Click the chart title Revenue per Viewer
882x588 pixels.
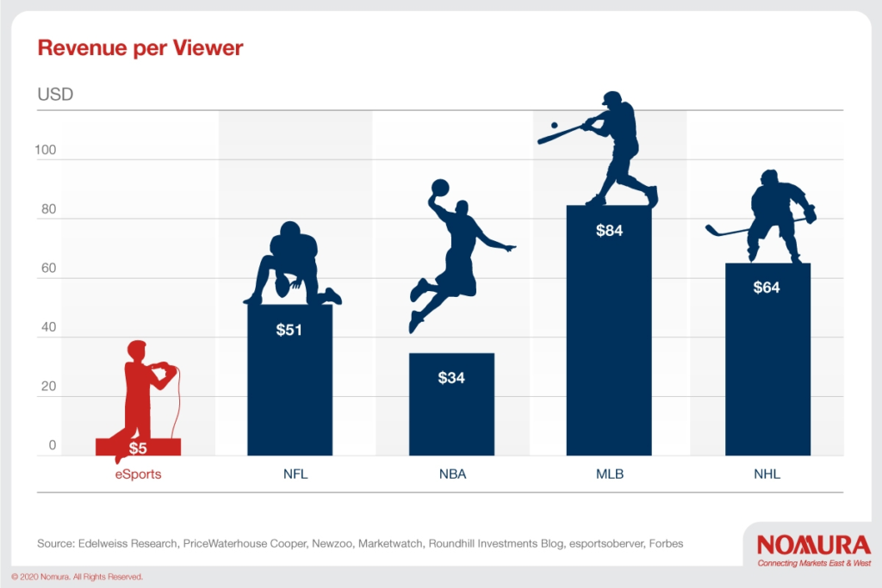(140, 48)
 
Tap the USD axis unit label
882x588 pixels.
(55, 94)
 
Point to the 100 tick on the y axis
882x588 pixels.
(46, 150)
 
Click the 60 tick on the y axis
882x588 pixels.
(49, 268)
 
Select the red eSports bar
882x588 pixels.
(138, 447)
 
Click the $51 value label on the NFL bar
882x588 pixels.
(289, 330)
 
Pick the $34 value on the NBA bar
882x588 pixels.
(451, 378)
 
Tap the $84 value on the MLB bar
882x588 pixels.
(609, 231)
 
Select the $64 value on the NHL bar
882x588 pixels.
(767, 288)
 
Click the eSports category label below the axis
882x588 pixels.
(139, 473)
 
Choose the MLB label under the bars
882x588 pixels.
(610, 473)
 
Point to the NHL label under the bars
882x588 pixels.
(767, 473)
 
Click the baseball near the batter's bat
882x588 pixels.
(554, 126)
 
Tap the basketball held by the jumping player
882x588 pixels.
(440, 188)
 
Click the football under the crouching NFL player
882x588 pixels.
(282, 286)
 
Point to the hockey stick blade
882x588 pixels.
(712, 229)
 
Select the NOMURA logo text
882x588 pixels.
(813, 545)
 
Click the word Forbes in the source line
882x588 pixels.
(666, 543)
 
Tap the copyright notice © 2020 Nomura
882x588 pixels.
(77, 577)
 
